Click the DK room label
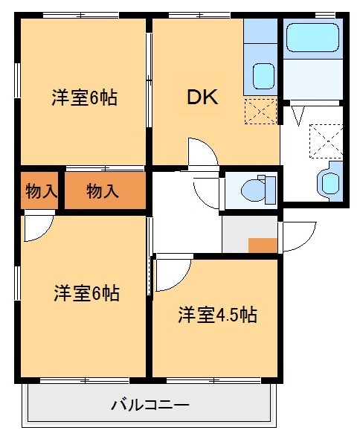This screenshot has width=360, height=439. (202, 97)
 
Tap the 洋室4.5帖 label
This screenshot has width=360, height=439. (216, 315)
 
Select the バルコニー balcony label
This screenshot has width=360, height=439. (150, 406)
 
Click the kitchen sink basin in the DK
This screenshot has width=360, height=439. (263, 75)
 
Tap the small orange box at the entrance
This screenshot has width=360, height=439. (263, 245)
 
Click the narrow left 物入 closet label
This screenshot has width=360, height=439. (40, 190)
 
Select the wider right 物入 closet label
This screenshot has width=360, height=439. (103, 191)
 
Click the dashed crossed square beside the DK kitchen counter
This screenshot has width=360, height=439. (261, 111)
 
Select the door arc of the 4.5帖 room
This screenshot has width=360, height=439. (173, 274)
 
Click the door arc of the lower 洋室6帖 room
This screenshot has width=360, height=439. (39, 228)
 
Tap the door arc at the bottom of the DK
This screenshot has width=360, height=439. (202, 153)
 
